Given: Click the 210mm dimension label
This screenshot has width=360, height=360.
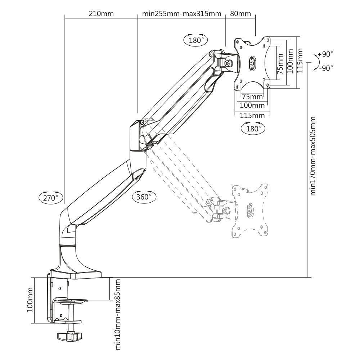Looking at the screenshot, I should coord(101,14).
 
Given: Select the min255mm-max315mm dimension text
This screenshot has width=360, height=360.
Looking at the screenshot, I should coord(181,14).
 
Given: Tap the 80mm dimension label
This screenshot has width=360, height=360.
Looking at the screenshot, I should coord(240,14).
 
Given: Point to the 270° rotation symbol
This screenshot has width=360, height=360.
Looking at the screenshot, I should coord(51,197).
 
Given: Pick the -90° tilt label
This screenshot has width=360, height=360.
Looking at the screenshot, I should coord(326,68).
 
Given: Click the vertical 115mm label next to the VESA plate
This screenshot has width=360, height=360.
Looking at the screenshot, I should coord(300,62).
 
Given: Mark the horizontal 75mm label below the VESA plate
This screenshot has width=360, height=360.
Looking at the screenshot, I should coord(252,96).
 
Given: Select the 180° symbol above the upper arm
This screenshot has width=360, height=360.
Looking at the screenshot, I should coord(196,40).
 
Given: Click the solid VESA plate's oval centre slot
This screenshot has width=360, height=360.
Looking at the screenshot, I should coord(252,63).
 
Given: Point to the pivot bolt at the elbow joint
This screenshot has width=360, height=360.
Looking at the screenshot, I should coord(143,122).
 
